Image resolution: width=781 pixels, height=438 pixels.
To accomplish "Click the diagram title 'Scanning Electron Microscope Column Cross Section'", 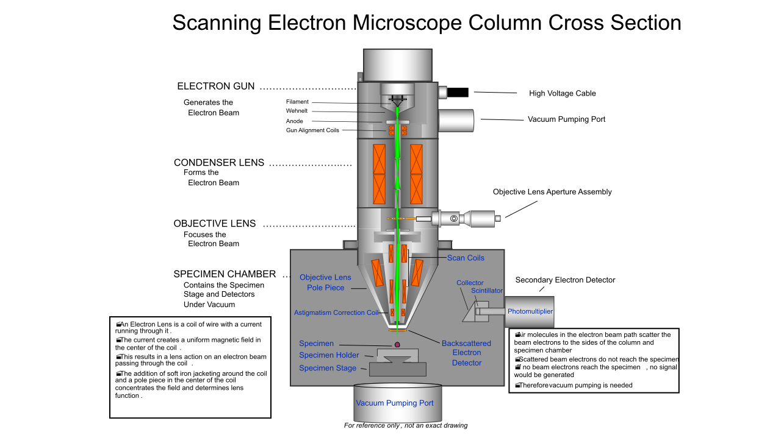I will [426, 23].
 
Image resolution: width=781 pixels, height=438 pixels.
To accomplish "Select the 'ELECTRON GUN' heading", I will [215, 86].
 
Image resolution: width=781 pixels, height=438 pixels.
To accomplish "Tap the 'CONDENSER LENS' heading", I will [219, 163].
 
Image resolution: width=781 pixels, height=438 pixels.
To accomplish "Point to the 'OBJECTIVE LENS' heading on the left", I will [215, 224].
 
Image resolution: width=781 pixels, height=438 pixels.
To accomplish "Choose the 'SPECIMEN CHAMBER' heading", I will [225, 274].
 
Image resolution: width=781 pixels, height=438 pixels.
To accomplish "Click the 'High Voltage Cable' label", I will [562, 93].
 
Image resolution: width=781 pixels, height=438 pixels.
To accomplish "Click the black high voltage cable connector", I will [458, 93].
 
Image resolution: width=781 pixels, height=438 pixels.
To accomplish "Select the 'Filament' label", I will [297, 102].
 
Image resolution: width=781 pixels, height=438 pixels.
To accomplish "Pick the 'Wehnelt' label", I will [297, 111].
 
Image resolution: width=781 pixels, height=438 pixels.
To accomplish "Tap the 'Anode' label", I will [294, 121].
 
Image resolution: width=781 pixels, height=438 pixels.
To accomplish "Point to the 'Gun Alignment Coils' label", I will [312, 130].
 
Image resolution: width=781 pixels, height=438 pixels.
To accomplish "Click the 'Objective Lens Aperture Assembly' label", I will [552, 192].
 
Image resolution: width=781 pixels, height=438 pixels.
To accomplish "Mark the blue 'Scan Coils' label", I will [466, 258].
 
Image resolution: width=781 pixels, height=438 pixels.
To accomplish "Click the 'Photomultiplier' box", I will [530, 311].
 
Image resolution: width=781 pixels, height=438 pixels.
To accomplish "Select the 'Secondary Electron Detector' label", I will [565, 280].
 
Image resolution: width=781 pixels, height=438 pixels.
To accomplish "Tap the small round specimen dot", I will [397, 345].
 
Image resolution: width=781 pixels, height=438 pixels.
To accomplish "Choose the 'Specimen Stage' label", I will [328, 368].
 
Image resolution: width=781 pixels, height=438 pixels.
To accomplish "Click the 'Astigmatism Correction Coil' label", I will [336, 313].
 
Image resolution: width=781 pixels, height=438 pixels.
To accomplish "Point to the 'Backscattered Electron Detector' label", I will [466, 353].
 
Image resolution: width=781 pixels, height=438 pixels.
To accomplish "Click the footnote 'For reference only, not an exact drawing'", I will [406, 425].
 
